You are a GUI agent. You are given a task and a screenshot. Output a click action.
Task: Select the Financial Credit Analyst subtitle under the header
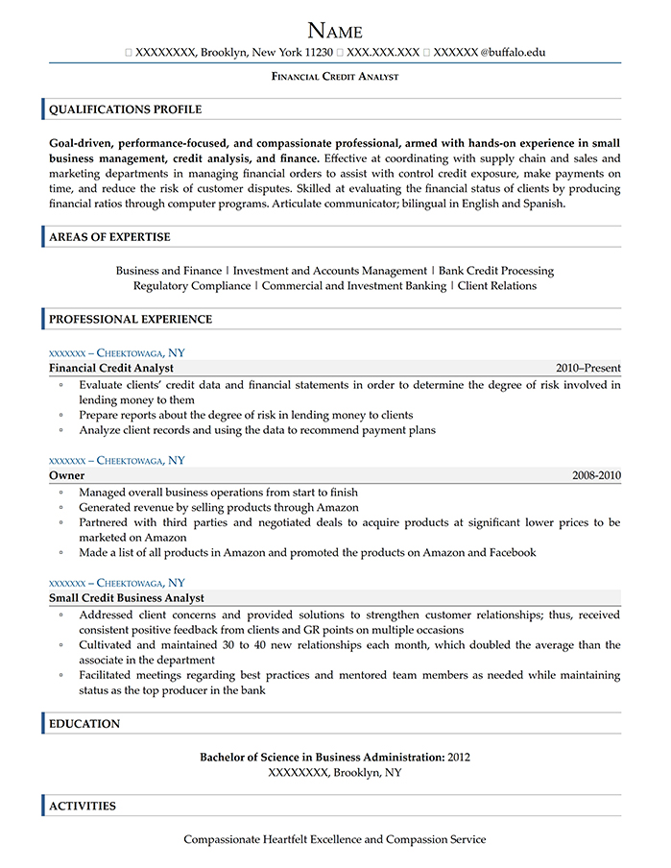[x=335, y=76]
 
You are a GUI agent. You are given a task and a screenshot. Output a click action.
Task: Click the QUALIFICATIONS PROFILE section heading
[x=125, y=109]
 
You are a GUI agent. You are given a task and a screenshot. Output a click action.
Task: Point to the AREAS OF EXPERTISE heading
[x=109, y=237]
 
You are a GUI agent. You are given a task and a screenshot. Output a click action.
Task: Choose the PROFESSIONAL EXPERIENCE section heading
[x=131, y=319]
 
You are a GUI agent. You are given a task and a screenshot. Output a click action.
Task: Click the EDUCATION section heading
[x=84, y=724]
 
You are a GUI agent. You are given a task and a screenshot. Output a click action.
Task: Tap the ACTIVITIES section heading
[x=83, y=807]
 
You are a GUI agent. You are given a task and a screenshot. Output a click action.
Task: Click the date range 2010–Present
[x=587, y=368]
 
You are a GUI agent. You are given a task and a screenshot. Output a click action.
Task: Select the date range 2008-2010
[x=596, y=475]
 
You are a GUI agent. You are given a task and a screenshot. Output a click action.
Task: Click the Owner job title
[x=66, y=475]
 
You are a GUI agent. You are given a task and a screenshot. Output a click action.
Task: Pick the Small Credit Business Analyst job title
[x=127, y=598]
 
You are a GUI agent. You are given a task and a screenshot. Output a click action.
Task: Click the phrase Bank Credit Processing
[x=496, y=271]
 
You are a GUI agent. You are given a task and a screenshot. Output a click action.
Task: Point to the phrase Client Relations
[x=497, y=286]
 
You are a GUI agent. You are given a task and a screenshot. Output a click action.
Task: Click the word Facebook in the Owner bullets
[x=510, y=553]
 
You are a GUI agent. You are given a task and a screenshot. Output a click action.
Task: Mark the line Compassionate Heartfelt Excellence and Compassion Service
[x=335, y=839]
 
